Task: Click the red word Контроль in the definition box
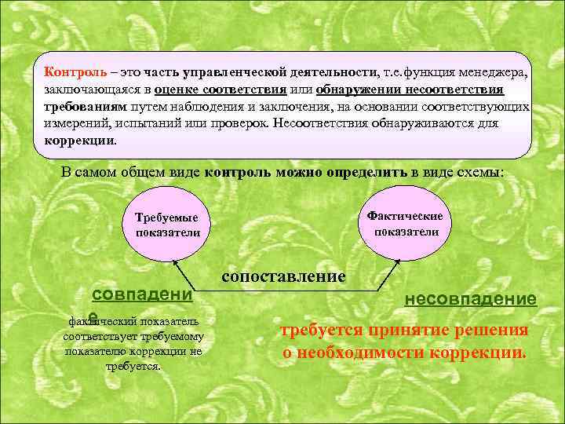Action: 69,72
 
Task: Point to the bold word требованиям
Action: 83,107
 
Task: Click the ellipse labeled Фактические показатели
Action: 406,224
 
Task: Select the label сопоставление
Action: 283,276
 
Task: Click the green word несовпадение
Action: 470,298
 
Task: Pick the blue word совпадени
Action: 142,294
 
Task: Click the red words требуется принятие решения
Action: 405,331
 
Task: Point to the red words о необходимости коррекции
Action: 405,353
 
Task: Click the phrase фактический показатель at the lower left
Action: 133,322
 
